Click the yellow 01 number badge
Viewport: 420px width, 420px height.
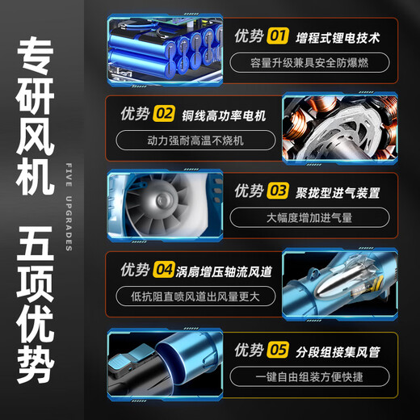(279, 36)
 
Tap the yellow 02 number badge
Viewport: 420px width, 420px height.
(164, 113)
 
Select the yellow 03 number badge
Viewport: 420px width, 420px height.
(279, 191)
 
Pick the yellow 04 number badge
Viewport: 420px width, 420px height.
(164, 268)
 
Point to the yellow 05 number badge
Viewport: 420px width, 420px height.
(279, 350)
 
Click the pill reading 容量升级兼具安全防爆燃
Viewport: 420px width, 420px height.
(309, 63)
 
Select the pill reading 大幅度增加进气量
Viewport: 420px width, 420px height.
(309, 217)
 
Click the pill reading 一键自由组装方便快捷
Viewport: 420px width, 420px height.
(309, 376)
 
